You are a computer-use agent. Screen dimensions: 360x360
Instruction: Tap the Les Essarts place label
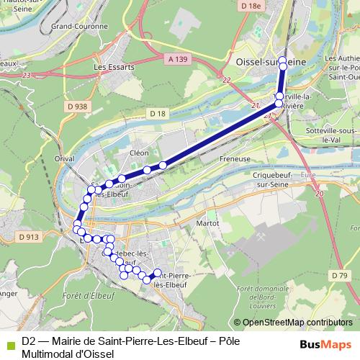point(109,67)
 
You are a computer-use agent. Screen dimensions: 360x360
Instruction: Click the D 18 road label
point(158,114)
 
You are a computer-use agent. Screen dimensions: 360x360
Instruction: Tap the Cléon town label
point(138,153)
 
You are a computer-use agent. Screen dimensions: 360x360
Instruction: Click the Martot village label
point(207,224)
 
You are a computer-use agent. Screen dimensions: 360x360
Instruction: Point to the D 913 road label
point(29,236)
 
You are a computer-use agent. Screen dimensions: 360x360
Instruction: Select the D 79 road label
point(340,275)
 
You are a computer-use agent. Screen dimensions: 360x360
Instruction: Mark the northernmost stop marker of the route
point(282,60)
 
